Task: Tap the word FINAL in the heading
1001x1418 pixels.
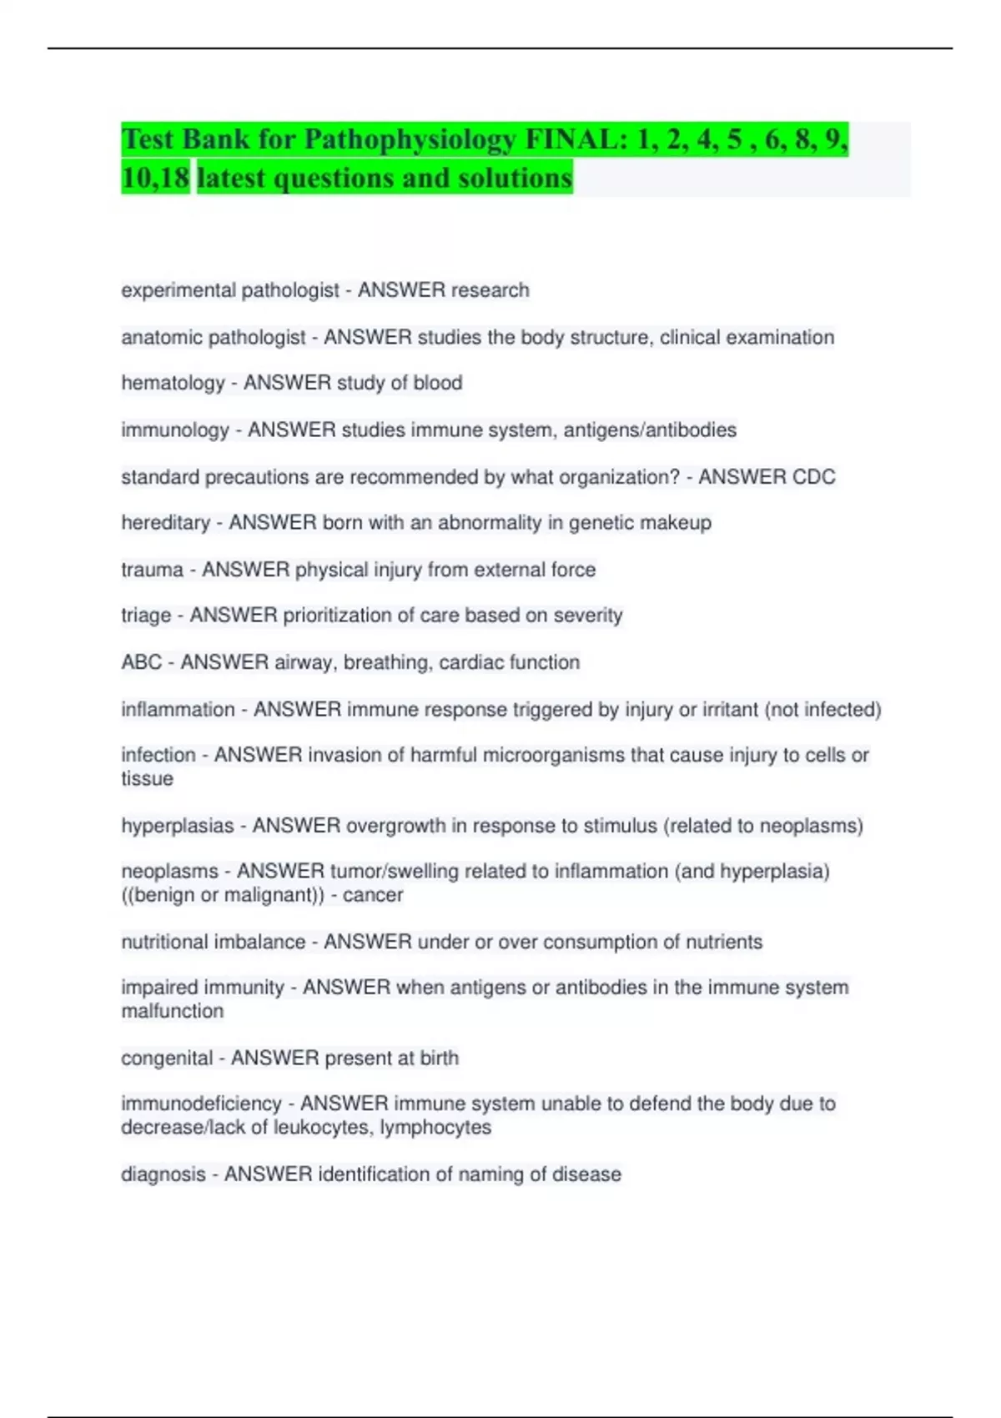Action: (x=575, y=139)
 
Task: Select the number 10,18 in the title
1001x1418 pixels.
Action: (x=155, y=178)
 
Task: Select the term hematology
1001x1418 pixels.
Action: (x=173, y=383)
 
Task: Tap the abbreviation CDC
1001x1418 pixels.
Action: (x=813, y=477)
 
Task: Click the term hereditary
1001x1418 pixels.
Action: (x=165, y=523)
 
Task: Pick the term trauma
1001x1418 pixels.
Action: (x=152, y=570)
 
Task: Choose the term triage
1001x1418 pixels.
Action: (x=146, y=616)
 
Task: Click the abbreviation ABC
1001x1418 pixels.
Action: (x=141, y=662)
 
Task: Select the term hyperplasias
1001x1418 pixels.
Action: (x=177, y=826)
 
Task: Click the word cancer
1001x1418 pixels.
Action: (x=373, y=895)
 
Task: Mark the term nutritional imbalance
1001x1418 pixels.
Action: (x=213, y=942)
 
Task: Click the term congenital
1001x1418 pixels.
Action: (x=167, y=1058)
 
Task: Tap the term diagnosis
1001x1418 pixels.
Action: (x=163, y=1174)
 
